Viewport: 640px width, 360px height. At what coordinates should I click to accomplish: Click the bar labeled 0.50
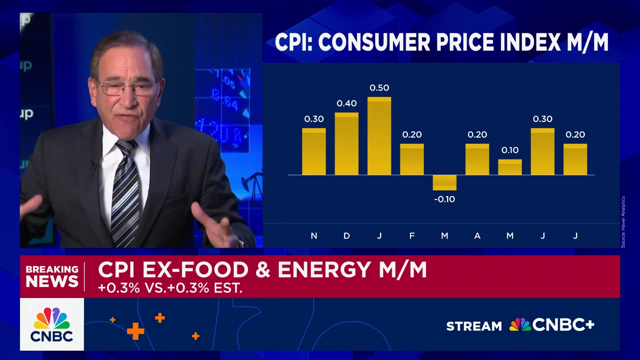(379, 136)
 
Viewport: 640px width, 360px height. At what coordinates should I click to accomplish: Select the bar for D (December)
(346, 144)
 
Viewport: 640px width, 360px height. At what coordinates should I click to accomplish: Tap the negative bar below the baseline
(444, 182)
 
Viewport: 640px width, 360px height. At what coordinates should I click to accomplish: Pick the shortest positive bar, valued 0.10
(509, 167)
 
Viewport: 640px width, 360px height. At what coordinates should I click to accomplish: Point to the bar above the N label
(313, 151)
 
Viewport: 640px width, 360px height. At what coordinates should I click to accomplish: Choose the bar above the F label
(411, 159)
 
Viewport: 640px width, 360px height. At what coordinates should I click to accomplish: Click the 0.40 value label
(346, 103)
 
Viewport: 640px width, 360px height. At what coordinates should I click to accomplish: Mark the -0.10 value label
(444, 199)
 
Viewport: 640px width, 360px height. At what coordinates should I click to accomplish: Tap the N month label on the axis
(313, 236)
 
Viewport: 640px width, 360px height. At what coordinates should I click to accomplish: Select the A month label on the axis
(477, 236)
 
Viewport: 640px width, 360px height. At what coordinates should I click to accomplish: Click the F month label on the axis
(411, 236)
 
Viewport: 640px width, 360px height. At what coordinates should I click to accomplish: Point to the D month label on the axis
(346, 236)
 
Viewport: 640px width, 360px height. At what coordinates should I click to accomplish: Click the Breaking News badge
(52, 276)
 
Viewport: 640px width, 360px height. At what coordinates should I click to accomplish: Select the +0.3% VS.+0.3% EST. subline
(170, 289)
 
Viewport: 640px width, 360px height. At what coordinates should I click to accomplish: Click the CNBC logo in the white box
(52, 324)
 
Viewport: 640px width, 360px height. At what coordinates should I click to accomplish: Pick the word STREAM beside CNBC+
(473, 326)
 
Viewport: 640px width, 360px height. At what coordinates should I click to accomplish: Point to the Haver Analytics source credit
(623, 221)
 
